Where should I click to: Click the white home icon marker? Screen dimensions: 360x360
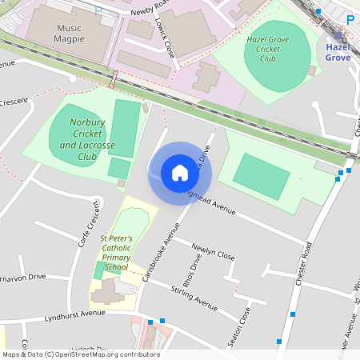(x=179, y=172)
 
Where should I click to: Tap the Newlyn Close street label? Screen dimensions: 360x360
(x=214, y=253)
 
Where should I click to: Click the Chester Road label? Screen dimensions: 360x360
(x=302, y=269)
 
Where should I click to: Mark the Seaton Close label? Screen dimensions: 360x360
(x=239, y=326)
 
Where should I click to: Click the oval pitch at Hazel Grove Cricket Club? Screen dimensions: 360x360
(x=278, y=49)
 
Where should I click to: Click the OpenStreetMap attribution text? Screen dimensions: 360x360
(x=80, y=354)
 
